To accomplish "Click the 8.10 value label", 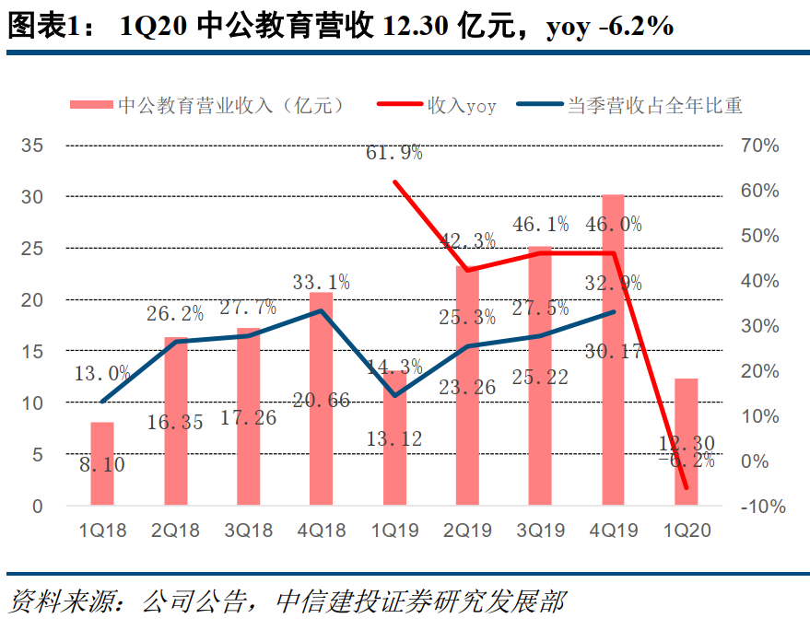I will point(102,465).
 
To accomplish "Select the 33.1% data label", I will point(322,282).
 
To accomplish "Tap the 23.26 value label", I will point(467,388).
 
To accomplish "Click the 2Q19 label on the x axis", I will point(467,531).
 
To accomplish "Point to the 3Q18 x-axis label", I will point(249,531).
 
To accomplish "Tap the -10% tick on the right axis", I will point(760,506).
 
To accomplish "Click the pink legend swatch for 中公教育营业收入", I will point(91,106).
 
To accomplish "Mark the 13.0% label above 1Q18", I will point(102,373).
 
